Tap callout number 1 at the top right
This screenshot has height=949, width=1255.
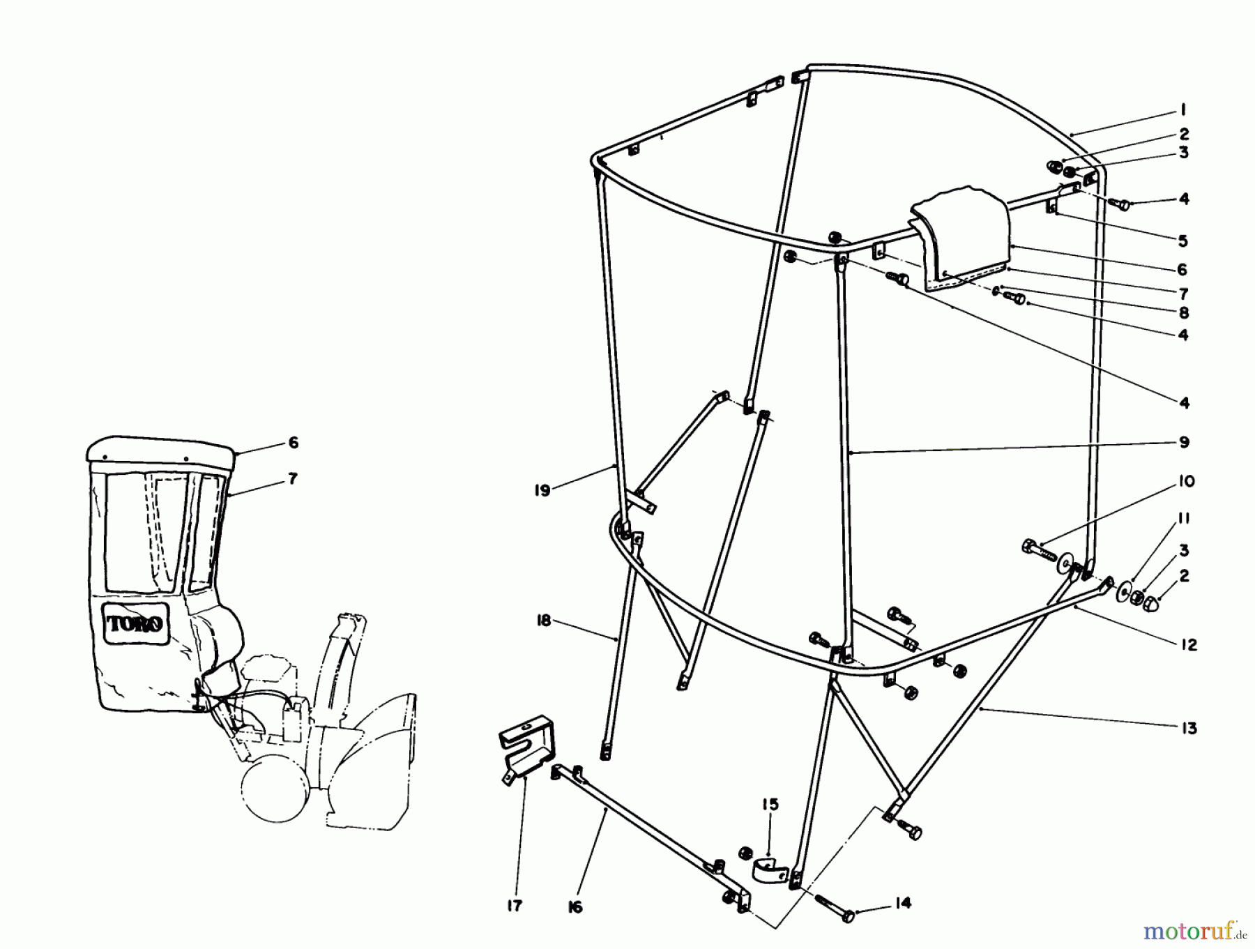coord(1183,109)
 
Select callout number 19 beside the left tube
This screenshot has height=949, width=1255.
coord(542,490)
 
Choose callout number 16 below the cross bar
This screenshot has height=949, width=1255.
coord(575,907)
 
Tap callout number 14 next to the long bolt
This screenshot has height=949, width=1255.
coord(902,904)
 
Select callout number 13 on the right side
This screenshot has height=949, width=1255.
coord(1188,728)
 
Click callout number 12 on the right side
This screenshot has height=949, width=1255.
coord(1189,645)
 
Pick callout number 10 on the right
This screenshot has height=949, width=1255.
coord(1187,481)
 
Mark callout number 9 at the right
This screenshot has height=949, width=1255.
coord(1184,442)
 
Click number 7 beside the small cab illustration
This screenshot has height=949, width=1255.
coord(292,478)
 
